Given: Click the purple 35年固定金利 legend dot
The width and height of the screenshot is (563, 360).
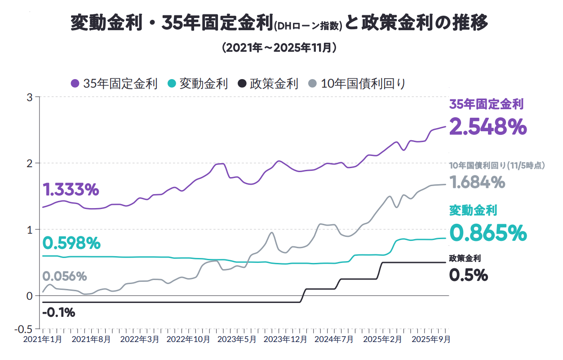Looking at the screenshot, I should click(x=75, y=84).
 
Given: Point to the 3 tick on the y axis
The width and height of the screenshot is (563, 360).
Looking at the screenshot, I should click(x=30, y=97).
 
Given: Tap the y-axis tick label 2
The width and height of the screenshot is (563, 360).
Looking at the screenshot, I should click(x=30, y=163).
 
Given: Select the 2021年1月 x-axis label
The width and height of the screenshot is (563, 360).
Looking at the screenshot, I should click(x=42, y=339).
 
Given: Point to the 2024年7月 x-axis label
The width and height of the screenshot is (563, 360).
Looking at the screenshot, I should click(x=334, y=339).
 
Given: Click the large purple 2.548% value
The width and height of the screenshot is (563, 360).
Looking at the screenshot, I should click(x=488, y=126).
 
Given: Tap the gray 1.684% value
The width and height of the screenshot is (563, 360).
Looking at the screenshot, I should click(x=477, y=182).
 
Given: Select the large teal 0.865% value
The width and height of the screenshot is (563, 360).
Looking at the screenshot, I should click(x=488, y=233).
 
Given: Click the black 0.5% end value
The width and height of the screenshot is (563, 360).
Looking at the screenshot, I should click(x=469, y=275).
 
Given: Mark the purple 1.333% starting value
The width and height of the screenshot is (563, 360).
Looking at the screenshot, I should click(x=71, y=190).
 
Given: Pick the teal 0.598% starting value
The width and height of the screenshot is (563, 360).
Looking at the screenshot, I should click(x=71, y=243).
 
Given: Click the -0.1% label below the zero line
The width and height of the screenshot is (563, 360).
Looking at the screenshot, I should click(x=58, y=312).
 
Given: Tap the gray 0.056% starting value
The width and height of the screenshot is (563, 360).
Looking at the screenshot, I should click(x=64, y=276).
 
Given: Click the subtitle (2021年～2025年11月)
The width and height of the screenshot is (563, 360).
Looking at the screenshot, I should click(x=279, y=48).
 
